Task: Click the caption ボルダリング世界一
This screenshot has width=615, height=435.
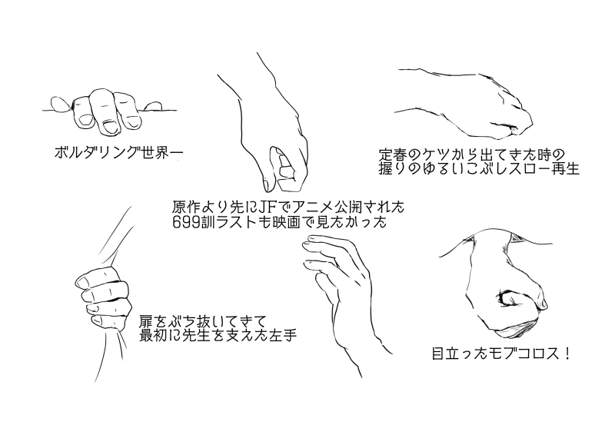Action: (x=118, y=152)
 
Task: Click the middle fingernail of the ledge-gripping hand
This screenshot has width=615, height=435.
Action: (x=109, y=127)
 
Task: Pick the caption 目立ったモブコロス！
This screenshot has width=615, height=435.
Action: (x=500, y=354)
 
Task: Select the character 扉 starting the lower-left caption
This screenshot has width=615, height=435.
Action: (x=146, y=322)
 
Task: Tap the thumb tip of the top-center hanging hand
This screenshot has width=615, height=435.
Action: (x=266, y=184)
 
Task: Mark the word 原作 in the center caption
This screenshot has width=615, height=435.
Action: (x=186, y=206)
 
